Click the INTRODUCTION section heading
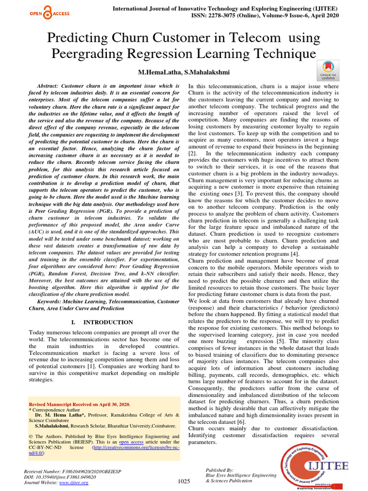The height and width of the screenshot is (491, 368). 108,322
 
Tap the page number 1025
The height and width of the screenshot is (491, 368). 184,481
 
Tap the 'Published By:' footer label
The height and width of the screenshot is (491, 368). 219,470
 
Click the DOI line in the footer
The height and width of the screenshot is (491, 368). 60,477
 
